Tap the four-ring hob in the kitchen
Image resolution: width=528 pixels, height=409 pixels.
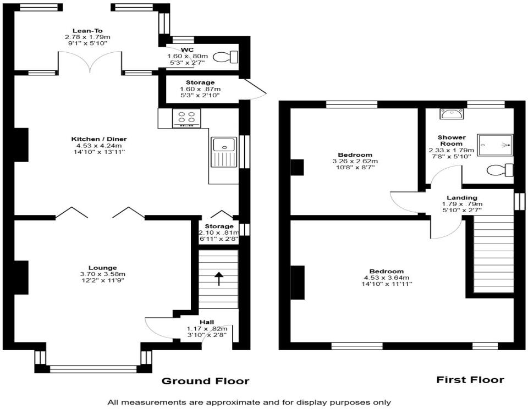186,118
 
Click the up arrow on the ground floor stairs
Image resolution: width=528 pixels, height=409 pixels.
219,279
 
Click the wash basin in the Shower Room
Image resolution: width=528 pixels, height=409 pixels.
451,114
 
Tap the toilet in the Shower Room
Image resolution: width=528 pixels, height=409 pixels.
501,170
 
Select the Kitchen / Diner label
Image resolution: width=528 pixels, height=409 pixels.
99,139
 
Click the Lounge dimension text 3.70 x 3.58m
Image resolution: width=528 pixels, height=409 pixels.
103,274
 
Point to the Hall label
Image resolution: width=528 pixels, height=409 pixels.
207,322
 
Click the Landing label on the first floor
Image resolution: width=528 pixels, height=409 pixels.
462,197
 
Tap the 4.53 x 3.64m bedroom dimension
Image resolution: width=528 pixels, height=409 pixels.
387,278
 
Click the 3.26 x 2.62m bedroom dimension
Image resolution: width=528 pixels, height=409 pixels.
355,161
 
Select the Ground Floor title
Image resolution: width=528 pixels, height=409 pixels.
205,381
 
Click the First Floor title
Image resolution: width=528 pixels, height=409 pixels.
470,380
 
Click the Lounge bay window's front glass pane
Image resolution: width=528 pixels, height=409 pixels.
94,369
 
